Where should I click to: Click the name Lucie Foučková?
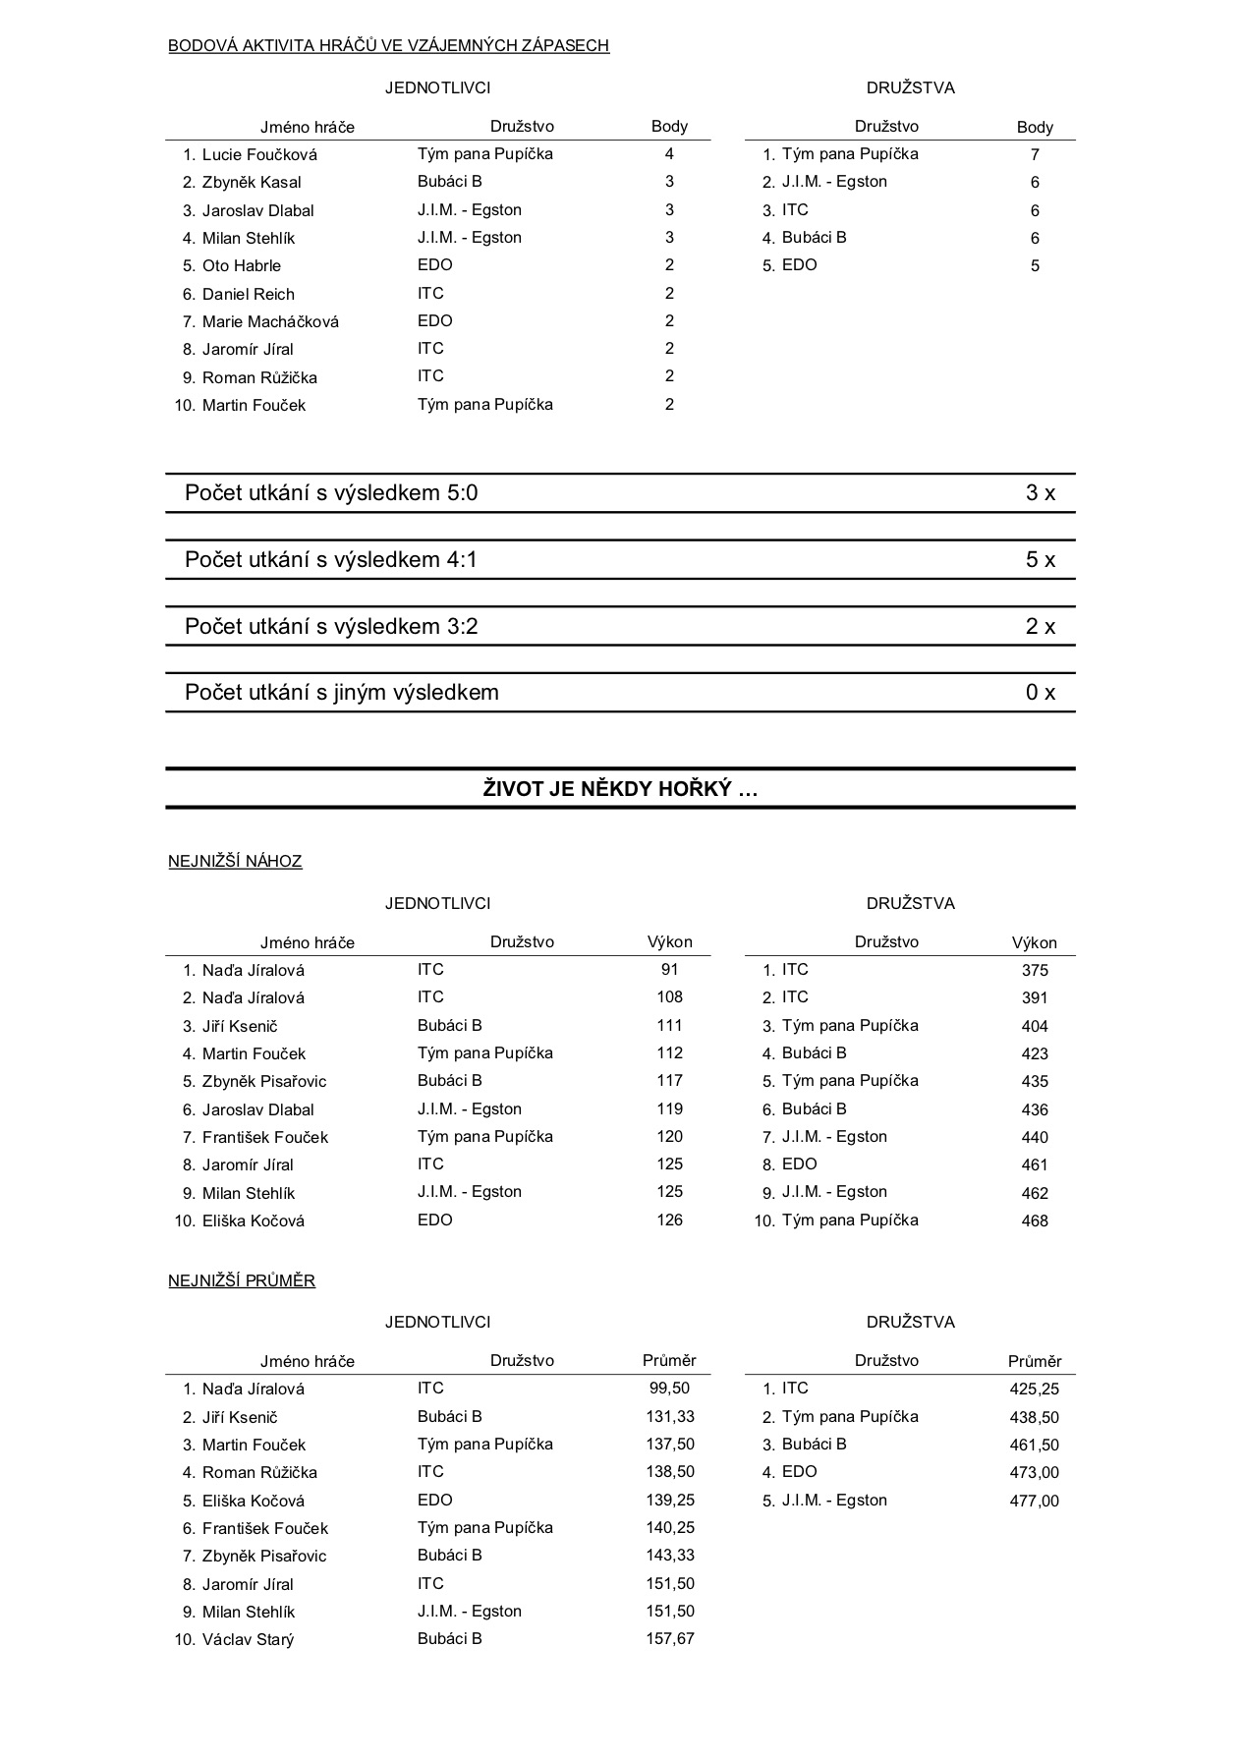(259, 154)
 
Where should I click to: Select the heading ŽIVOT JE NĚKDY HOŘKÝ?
(620, 788)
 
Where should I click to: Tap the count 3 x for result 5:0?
(1040, 493)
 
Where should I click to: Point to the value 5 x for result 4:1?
(1040, 560)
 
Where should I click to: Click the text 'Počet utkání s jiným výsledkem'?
(342, 693)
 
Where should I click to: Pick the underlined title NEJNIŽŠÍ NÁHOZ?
(235, 862)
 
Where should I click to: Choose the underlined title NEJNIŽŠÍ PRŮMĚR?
(242, 1281)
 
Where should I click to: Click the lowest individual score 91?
(669, 970)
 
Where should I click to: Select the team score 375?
(1035, 971)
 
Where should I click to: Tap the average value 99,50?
(669, 1389)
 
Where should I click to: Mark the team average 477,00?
(1035, 1501)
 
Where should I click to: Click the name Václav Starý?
(248, 1639)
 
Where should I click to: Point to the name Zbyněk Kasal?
(252, 182)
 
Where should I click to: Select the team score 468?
(1035, 1220)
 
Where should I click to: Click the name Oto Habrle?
(242, 265)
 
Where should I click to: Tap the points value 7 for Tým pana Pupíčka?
(1035, 154)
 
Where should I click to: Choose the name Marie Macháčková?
(270, 321)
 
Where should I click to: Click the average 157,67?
(669, 1638)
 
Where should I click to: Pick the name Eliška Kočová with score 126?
(254, 1220)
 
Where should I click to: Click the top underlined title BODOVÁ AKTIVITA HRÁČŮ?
(388, 45)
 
